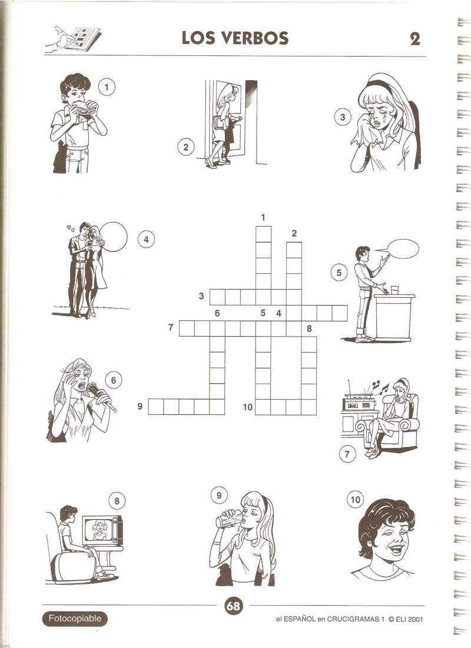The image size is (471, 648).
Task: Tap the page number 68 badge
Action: [233, 606]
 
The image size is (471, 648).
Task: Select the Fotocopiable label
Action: [74, 619]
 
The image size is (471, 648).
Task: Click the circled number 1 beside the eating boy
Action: [107, 87]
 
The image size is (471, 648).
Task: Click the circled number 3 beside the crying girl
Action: [342, 117]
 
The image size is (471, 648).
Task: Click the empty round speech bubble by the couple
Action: [113, 237]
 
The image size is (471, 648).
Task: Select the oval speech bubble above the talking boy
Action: [402, 249]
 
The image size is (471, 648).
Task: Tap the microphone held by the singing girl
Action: [100, 396]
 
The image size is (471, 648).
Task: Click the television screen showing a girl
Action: [99, 530]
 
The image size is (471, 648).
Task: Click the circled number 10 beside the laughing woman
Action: [355, 500]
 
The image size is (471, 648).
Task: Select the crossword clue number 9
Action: [140, 406]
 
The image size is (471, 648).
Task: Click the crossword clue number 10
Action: [247, 407]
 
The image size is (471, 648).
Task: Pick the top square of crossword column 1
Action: [263, 234]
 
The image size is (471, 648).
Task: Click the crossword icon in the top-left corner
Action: [73, 39]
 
